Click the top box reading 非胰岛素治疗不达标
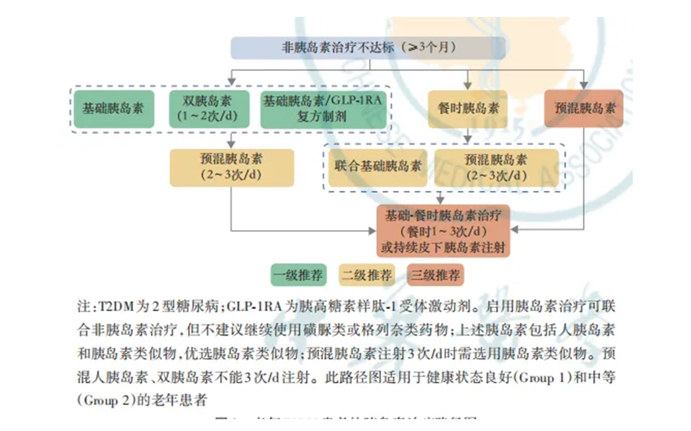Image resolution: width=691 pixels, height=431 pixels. [x=368, y=47]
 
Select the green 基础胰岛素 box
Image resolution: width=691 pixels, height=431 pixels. [x=114, y=109]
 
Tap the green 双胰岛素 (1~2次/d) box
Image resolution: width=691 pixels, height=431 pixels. [x=208, y=109]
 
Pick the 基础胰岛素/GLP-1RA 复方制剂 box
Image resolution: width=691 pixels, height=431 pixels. [x=323, y=109]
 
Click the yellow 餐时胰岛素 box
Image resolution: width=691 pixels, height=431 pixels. [x=468, y=109]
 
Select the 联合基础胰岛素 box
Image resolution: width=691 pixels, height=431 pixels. [x=378, y=167]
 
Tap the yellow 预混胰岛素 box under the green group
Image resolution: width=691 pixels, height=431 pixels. [x=232, y=167]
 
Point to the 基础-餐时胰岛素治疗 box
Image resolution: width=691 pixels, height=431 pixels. [x=443, y=231]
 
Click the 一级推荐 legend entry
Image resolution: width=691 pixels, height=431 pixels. [x=298, y=275]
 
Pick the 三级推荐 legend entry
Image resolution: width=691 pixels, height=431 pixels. [x=435, y=275]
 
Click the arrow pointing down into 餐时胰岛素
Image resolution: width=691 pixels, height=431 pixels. [x=468, y=85]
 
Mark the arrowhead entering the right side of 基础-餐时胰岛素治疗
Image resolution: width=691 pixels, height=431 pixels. [x=514, y=230]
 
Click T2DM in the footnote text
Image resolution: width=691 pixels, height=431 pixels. [x=115, y=308]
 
